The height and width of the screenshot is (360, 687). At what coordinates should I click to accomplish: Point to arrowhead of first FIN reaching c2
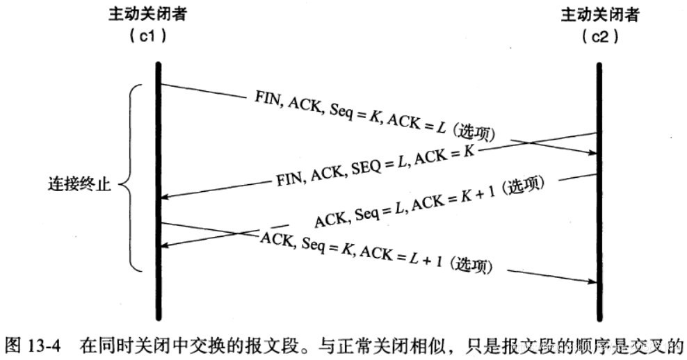point(592,154)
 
